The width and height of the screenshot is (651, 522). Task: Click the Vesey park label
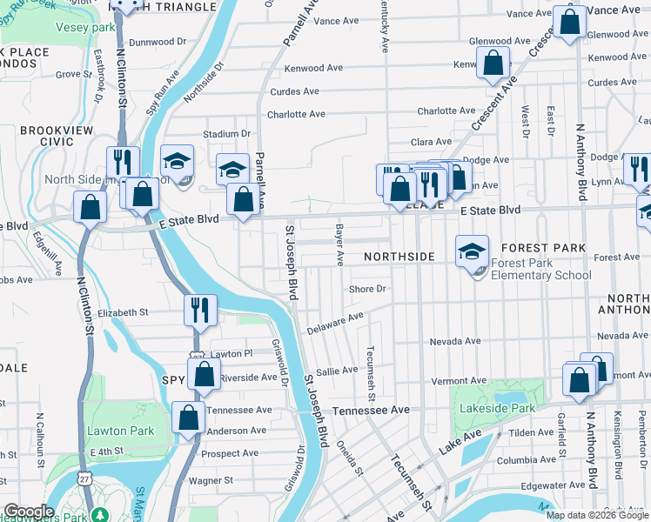tap(84, 28)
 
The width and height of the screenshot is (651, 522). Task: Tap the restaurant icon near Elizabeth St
tap(201, 310)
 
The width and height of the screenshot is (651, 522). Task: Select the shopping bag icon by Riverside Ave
tap(204, 375)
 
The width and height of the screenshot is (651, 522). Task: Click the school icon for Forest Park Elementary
tap(473, 252)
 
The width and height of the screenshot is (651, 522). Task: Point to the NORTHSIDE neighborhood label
tap(399, 257)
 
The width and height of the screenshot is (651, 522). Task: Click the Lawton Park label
tap(120, 431)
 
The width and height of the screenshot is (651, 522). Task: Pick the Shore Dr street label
tap(366, 289)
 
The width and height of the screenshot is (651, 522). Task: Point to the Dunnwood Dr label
tap(158, 41)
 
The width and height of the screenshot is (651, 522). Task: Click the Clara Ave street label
tap(430, 142)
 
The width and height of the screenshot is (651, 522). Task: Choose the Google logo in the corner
tap(29, 512)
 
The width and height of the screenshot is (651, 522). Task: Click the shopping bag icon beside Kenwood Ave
tap(493, 63)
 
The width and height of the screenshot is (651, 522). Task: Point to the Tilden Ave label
tap(531, 432)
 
